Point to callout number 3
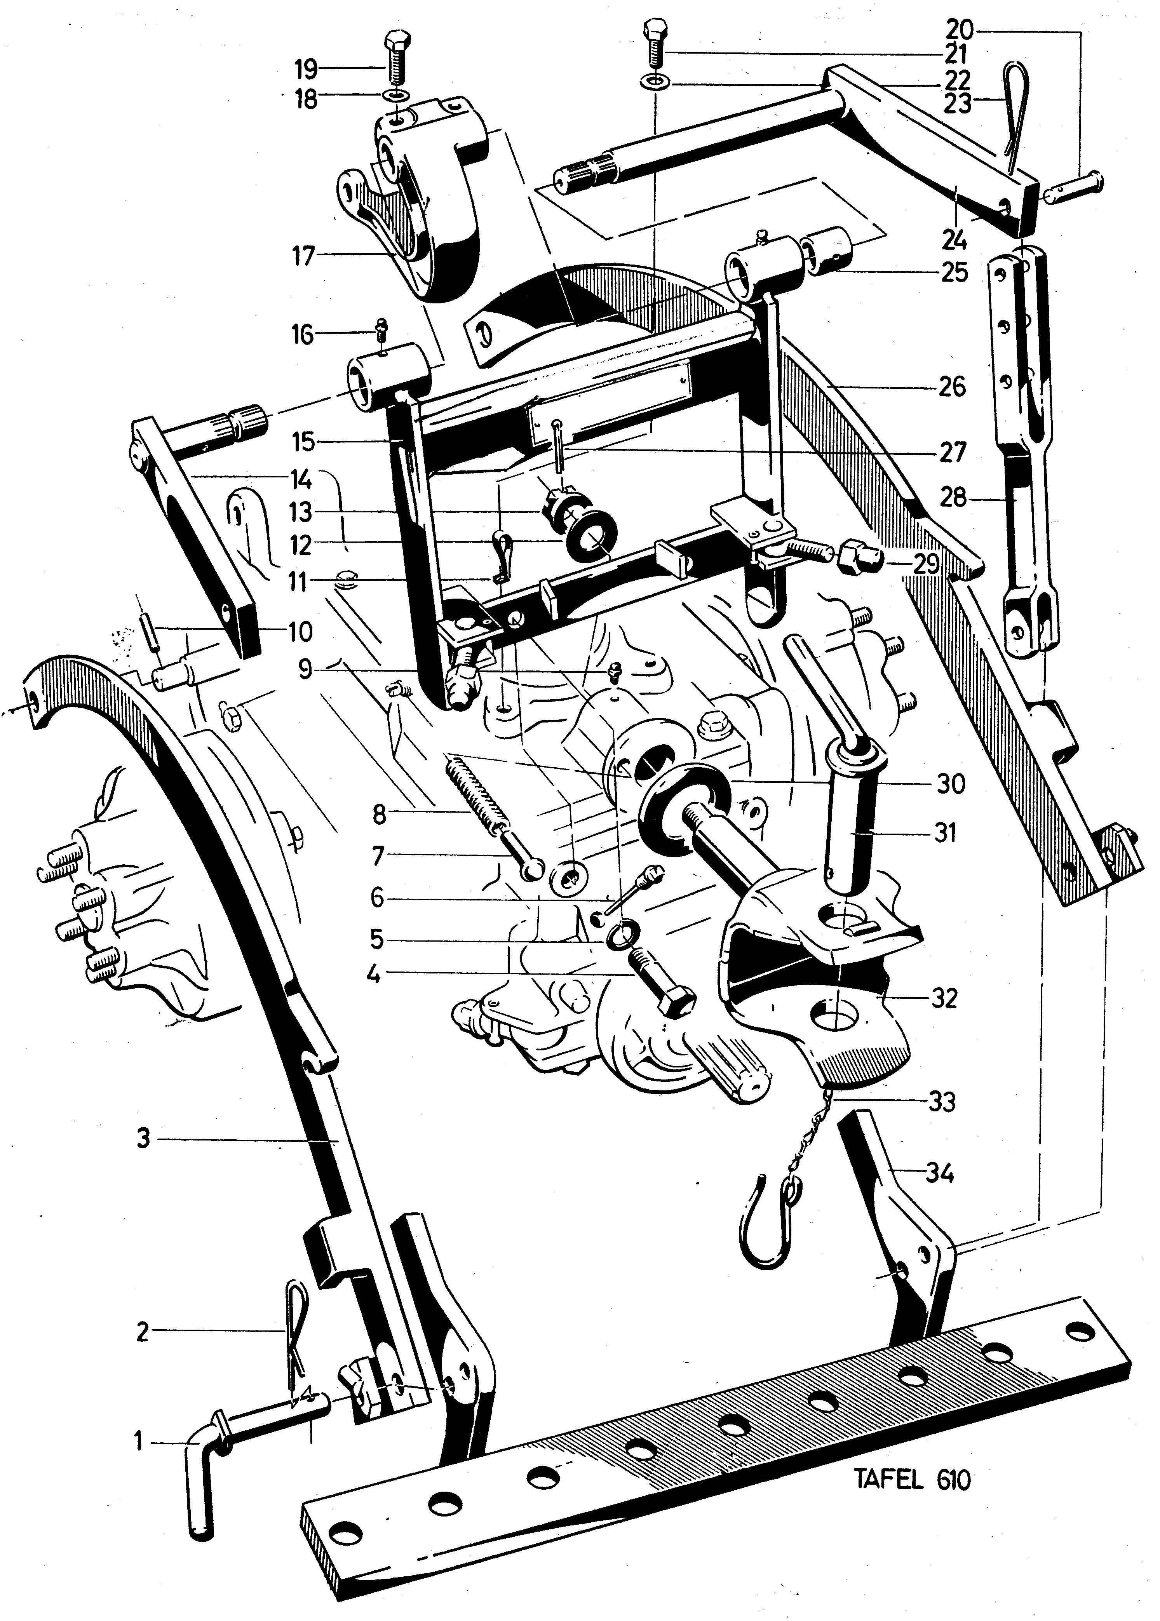144,1137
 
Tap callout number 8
378,813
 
